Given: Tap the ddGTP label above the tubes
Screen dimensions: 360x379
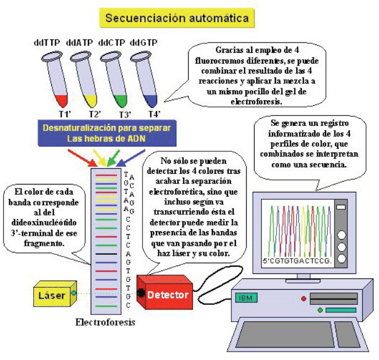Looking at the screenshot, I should click(144, 43).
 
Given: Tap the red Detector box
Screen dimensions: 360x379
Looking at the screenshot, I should click(168, 293).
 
